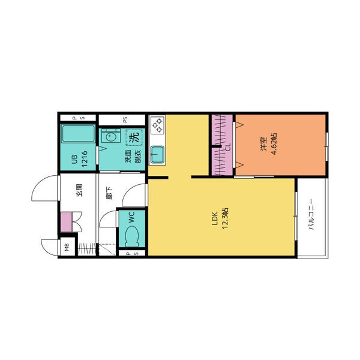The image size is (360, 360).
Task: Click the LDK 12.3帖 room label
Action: coord(219,218)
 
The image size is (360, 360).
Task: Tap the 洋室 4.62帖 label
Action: coord(268,144)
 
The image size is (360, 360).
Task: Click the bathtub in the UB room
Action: coord(78,134)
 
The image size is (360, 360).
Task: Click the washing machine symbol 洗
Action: coord(134,137)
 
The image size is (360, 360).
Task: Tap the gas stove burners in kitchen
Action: coord(157,125)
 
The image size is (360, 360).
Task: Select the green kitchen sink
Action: coord(157,155)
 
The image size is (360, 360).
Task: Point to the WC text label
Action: coord(131,217)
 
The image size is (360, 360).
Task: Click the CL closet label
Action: coord(228,147)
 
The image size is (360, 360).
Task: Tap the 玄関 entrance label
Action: coord(79,190)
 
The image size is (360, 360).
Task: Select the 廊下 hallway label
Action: coord(110,193)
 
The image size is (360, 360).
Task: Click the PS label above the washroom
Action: coord(125,120)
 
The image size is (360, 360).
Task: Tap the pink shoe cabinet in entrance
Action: coord(67,222)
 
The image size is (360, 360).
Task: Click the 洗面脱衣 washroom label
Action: coord(133,157)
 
